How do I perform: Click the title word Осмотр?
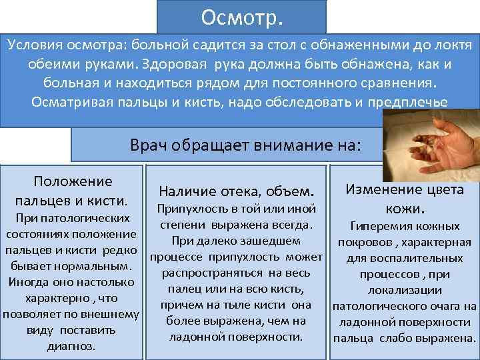[x=241, y=16]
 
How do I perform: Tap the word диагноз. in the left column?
[x=71, y=346]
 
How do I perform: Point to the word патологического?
[x=397, y=306]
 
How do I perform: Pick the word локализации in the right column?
[x=405, y=290]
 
